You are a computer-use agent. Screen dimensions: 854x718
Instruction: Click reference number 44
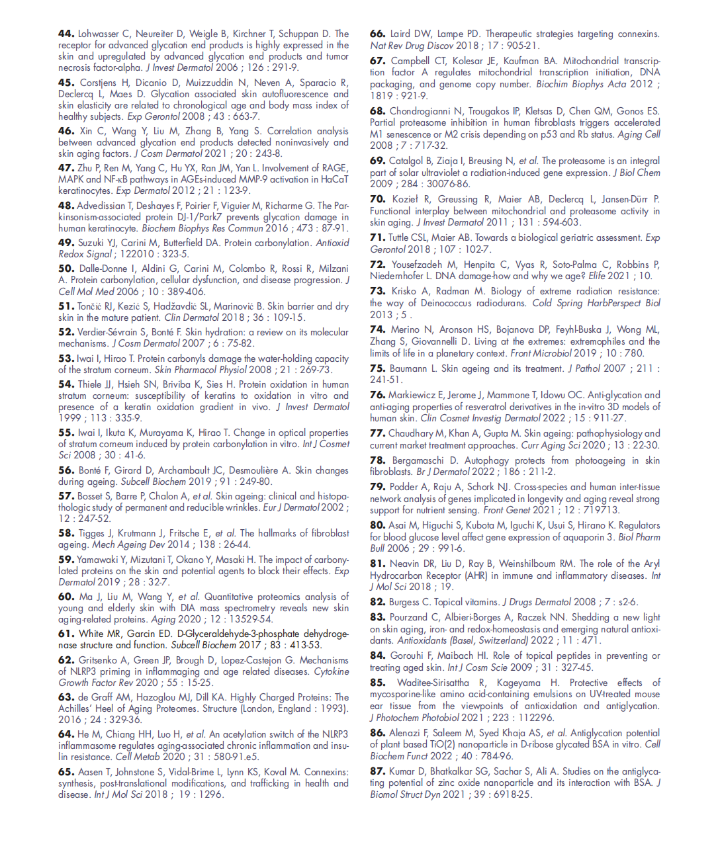tap(66, 33)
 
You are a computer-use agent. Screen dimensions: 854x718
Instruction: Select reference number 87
tap(377, 771)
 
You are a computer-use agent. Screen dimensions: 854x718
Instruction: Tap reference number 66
tap(377, 33)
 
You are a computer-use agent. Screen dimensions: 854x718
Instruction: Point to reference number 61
tap(66, 633)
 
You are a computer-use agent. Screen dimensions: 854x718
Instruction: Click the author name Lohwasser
tap(99, 33)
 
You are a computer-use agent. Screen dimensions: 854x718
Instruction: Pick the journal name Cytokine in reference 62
tap(331, 671)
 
